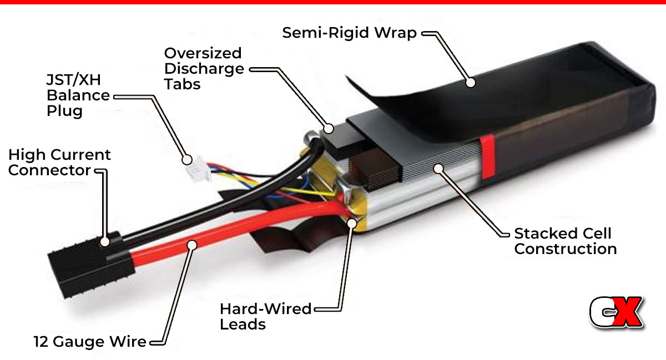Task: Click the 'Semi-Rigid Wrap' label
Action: (x=349, y=33)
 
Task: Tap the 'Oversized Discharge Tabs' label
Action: (x=204, y=69)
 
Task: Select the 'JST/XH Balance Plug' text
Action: (x=78, y=95)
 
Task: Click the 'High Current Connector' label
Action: (x=59, y=163)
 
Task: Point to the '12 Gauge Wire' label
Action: (x=90, y=342)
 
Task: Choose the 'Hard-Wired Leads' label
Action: (x=265, y=316)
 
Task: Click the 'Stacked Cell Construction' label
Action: (x=566, y=241)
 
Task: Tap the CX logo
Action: (x=616, y=312)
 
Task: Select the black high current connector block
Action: (x=90, y=266)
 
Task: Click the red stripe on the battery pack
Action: (x=488, y=156)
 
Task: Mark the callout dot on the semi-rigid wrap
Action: (x=471, y=82)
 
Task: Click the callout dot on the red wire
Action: (x=192, y=245)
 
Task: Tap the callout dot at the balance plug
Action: (x=187, y=160)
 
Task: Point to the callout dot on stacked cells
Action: (x=438, y=169)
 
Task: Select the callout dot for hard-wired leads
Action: (x=352, y=223)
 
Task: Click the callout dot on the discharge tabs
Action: (x=329, y=129)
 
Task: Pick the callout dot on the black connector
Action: (x=105, y=241)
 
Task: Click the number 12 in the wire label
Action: (x=41, y=342)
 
